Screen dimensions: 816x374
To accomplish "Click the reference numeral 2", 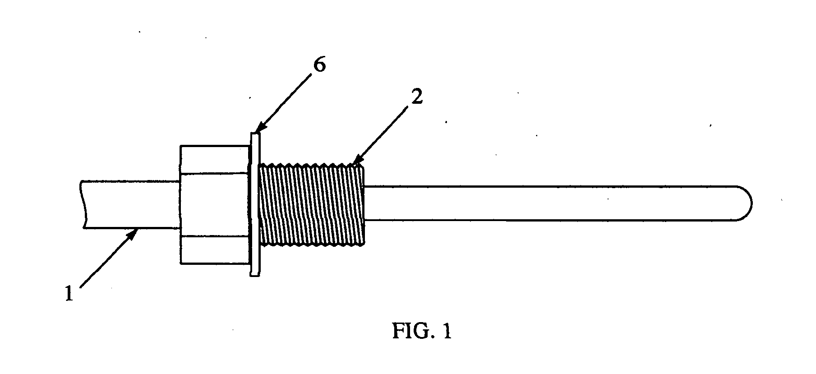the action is coord(416,97).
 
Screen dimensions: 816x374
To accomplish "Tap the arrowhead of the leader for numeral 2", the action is coord(356,161).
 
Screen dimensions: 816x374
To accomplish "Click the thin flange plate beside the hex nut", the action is coord(255,204).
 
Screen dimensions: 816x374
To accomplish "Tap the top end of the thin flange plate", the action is coord(255,133).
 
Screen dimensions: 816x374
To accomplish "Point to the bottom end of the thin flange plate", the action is coord(255,275).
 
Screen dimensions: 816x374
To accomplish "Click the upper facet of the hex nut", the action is coord(215,159).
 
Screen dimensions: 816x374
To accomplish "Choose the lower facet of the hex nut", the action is coord(215,249).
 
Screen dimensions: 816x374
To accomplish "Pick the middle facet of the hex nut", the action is coord(215,204).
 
